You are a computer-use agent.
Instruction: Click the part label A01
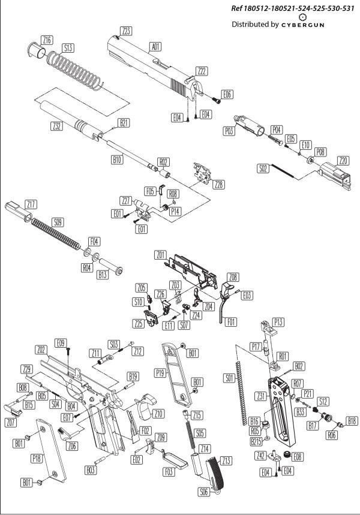(156, 46)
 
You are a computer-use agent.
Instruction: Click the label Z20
(343, 161)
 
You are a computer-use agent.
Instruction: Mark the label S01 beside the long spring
(229, 378)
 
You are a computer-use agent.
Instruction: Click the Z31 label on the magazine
(260, 396)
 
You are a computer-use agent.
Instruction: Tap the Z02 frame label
(41, 349)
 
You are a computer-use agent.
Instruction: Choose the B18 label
(352, 420)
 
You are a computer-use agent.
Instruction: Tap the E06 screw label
(227, 94)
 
